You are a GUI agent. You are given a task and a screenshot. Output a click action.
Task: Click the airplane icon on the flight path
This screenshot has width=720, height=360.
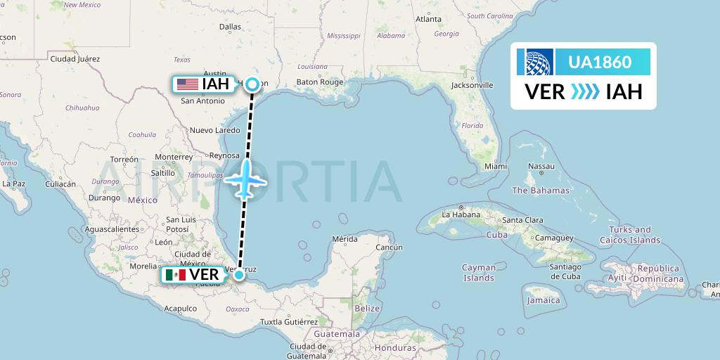point(245,179)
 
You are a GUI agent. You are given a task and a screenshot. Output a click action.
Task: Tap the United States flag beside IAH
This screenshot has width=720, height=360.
point(188,84)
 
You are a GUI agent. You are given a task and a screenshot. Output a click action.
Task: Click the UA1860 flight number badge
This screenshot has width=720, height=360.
point(599,62)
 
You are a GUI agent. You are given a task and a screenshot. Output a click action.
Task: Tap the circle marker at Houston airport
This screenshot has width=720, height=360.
point(252,84)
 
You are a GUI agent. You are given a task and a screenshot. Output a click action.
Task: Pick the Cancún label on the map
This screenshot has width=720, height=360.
point(389,247)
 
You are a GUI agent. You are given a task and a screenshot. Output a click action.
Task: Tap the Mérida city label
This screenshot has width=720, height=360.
point(345,239)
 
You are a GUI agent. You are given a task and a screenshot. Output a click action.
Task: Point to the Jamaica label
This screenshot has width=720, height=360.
point(544,300)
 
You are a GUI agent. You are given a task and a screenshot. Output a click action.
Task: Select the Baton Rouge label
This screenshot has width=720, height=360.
point(320,82)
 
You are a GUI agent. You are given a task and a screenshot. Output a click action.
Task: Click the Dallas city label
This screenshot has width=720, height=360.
point(230,27)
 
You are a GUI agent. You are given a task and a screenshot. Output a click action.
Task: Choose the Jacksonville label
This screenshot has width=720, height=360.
point(472,85)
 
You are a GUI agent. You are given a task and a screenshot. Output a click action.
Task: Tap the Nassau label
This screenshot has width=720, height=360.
point(541,167)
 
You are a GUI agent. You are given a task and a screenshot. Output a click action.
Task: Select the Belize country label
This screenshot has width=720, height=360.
point(367,308)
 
